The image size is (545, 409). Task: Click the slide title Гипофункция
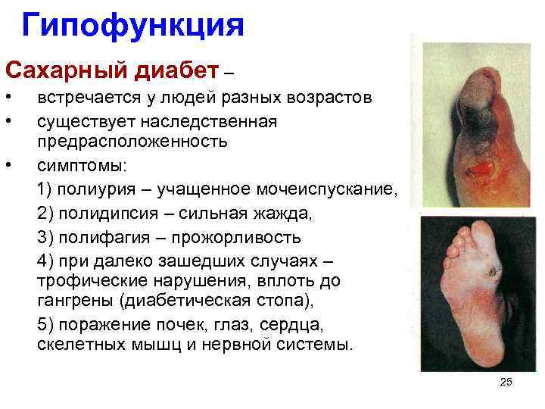pyautogui.click(x=132, y=25)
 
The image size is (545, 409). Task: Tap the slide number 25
pyautogui.click(x=506, y=382)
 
